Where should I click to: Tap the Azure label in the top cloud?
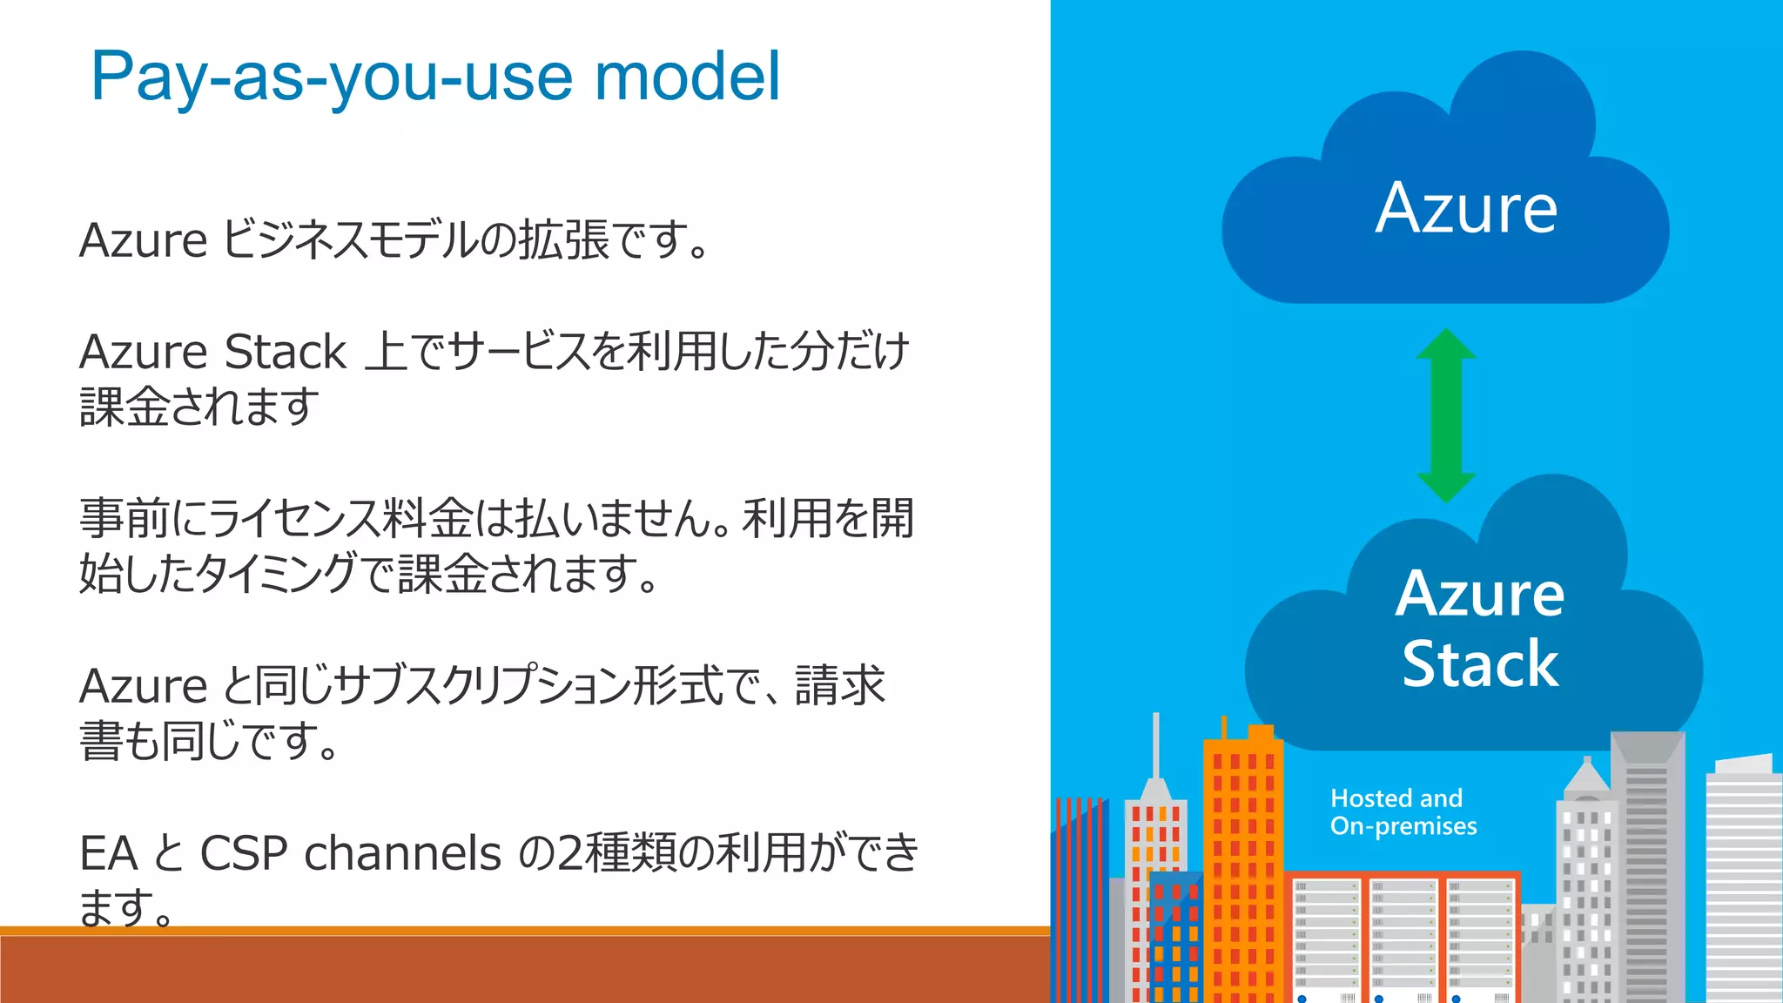tap(1466, 209)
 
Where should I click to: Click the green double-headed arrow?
tap(1446, 415)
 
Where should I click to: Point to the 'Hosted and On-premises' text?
tap(1403, 811)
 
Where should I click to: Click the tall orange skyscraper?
tap(1242, 862)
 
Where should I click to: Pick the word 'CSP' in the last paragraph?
tap(244, 853)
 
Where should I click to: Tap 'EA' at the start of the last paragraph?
tap(108, 853)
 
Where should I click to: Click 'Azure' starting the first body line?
tap(143, 240)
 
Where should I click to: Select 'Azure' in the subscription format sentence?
tap(143, 686)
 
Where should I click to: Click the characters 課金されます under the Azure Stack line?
tap(199, 407)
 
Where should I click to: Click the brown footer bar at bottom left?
tap(522, 968)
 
